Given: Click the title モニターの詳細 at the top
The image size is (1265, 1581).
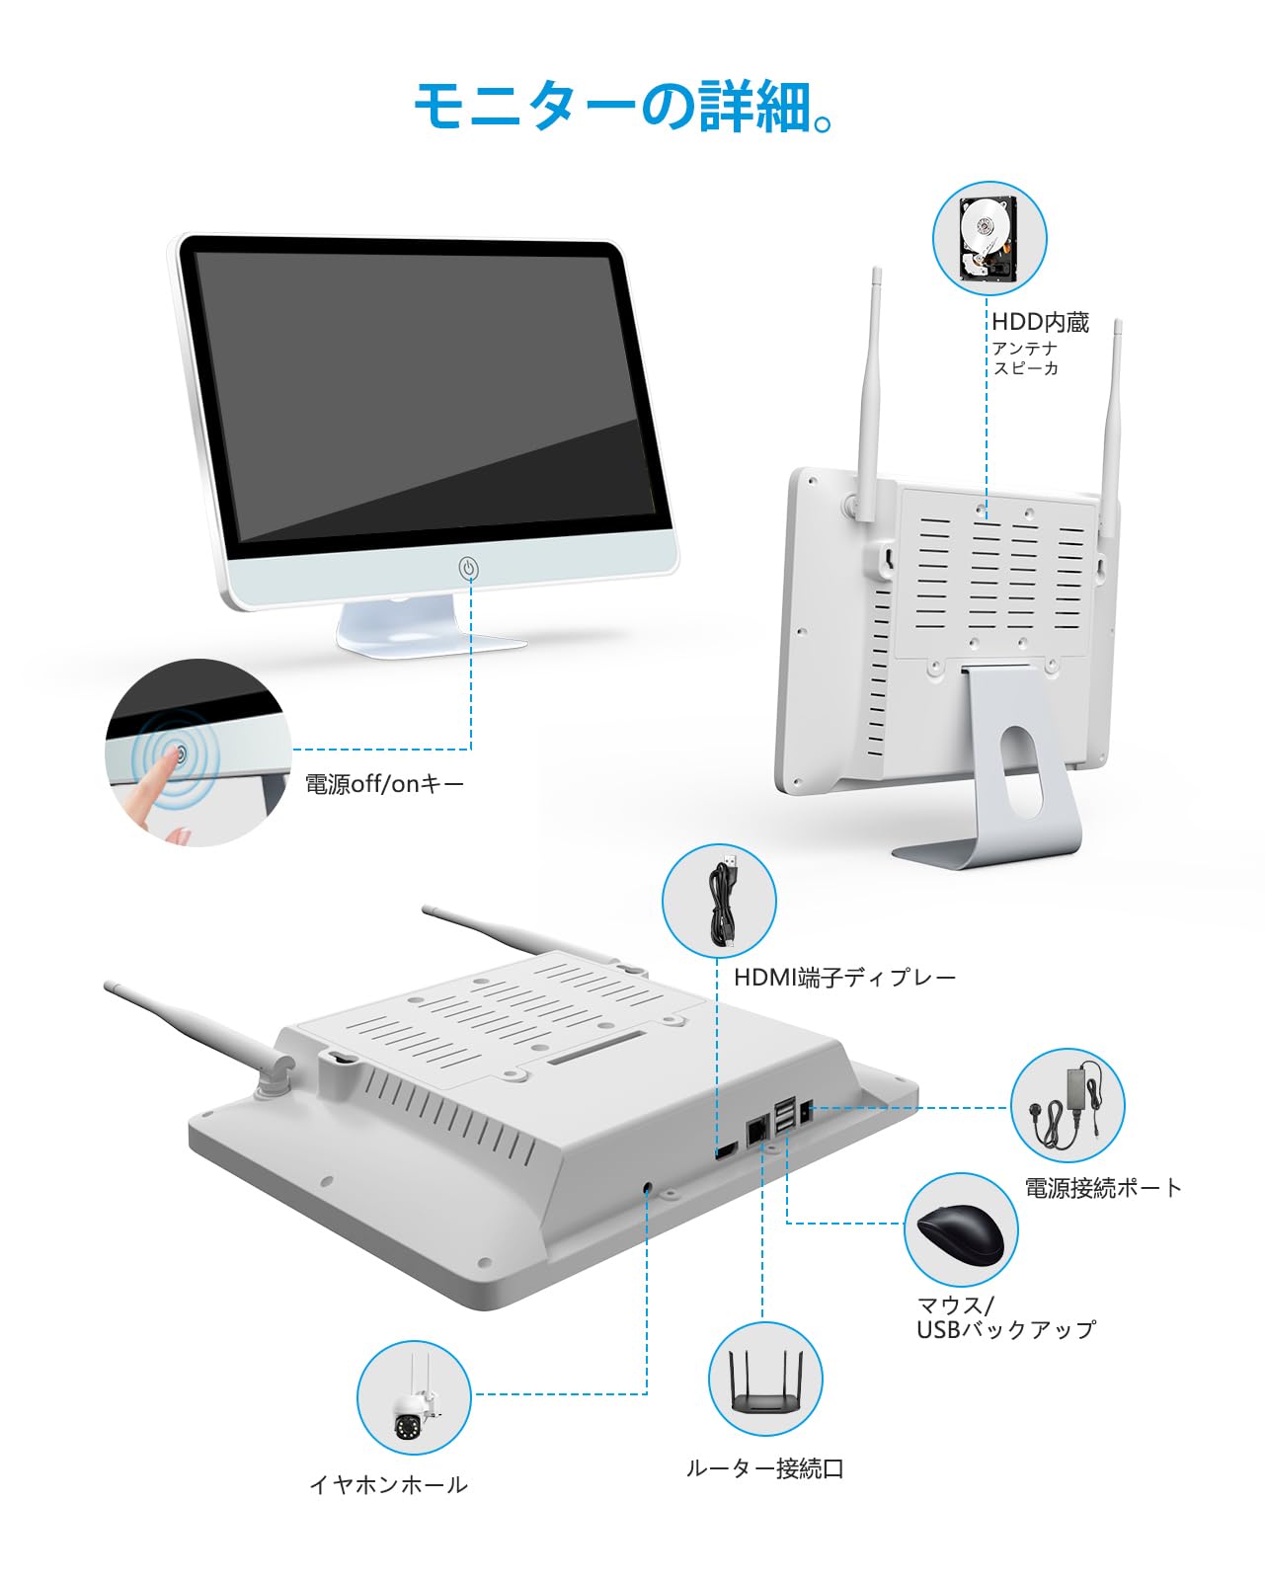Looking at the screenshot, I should click(x=625, y=107).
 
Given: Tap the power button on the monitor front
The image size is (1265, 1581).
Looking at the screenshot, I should click(x=469, y=569).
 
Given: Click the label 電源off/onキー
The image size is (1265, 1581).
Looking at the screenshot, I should click(x=384, y=784).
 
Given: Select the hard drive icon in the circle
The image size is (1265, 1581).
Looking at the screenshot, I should click(x=989, y=238).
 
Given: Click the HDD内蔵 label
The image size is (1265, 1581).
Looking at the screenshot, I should click(x=1040, y=322).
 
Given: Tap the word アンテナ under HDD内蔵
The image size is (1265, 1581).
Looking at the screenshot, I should click(x=1025, y=349).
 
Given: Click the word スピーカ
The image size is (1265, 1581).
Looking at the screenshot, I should click(x=1025, y=368).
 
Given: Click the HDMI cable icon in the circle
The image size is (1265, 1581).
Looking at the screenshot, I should click(x=720, y=901).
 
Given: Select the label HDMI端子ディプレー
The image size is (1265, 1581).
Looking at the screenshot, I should click(x=844, y=978).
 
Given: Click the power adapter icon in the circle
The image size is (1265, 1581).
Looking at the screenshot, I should click(x=1067, y=1105).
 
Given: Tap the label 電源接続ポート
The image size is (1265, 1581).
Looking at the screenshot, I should click(x=1103, y=1188).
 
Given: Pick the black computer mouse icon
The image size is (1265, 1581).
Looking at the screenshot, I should click(x=961, y=1230).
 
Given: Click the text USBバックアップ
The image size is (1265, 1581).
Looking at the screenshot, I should click(x=1005, y=1330).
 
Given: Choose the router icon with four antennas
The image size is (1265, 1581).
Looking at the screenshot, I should click(x=765, y=1381).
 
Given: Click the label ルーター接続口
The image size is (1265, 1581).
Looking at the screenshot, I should click(x=765, y=1468).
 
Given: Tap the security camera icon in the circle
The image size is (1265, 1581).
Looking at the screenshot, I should click(x=414, y=1397).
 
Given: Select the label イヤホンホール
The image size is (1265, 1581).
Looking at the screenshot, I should click(x=388, y=1485).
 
